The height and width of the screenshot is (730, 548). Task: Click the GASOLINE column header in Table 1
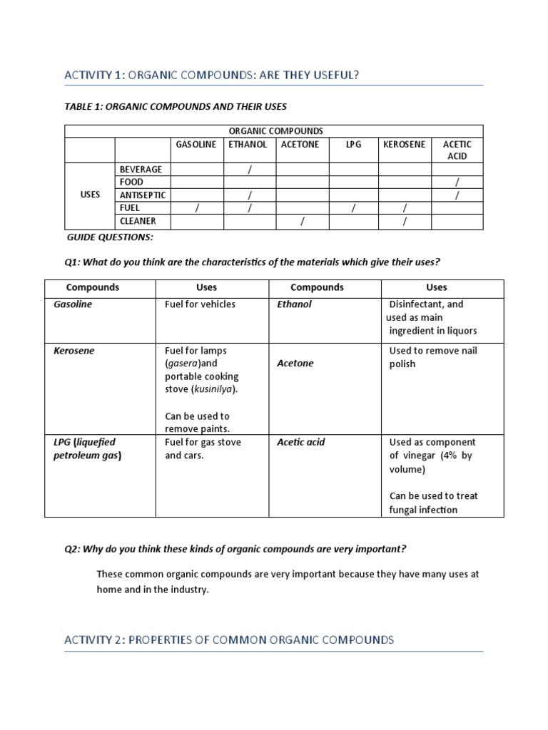[196, 144]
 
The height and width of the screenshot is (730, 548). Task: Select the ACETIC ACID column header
[457, 150]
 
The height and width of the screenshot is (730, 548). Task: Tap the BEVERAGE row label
[141, 170]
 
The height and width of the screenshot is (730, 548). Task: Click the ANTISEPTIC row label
[143, 195]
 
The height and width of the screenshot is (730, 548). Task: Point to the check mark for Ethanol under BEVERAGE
[250, 170]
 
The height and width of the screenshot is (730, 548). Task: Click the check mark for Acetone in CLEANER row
[302, 222]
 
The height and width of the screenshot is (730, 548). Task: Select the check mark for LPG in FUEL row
[353, 208]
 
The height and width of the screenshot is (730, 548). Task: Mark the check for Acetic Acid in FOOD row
[457, 182]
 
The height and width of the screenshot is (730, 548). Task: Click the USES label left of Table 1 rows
[90, 195]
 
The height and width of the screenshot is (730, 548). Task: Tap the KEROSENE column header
[404, 144]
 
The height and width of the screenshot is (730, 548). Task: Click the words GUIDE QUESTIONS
[110, 237]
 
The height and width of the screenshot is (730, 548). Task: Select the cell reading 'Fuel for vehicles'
[200, 304]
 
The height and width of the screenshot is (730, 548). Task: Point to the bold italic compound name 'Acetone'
[295, 364]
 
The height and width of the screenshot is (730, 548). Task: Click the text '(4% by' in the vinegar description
[456, 456]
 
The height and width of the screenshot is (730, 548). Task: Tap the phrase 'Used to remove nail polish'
[432, 357]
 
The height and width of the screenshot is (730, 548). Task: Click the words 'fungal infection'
[423, 510]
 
